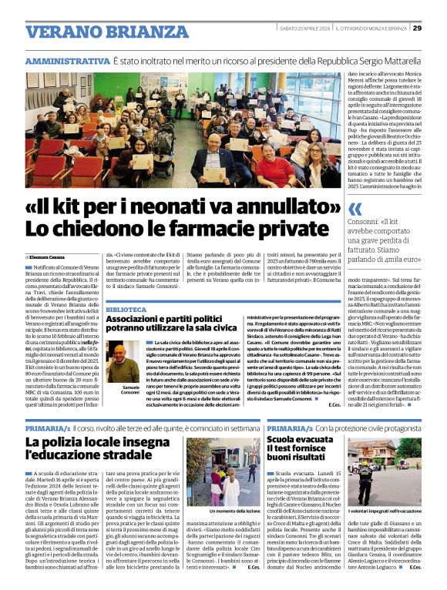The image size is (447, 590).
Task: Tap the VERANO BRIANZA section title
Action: coord(96,32)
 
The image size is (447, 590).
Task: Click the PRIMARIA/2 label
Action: coord(290,426)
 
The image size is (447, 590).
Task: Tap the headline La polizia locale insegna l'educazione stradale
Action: coord(92,451)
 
